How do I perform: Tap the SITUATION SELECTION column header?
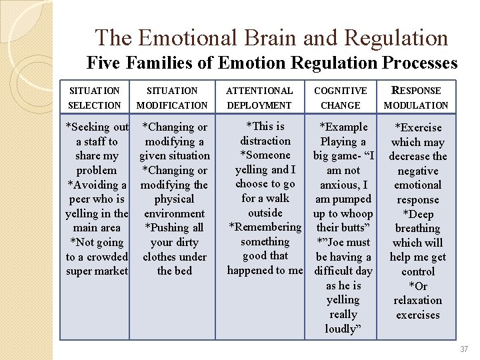(95, 98)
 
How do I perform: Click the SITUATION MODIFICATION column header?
(172, 98)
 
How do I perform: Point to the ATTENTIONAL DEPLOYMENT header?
(259, 98)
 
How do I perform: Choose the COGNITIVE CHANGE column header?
(340, 98)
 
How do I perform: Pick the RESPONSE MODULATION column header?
(417, 98)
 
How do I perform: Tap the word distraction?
(265, 141)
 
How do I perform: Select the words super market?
(97, 271)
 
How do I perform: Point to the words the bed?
(174, 271)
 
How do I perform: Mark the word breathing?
(417, 228)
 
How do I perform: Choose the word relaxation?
(417, 300)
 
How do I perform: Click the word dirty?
(192, 242)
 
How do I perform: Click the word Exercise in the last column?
(420, 127)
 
